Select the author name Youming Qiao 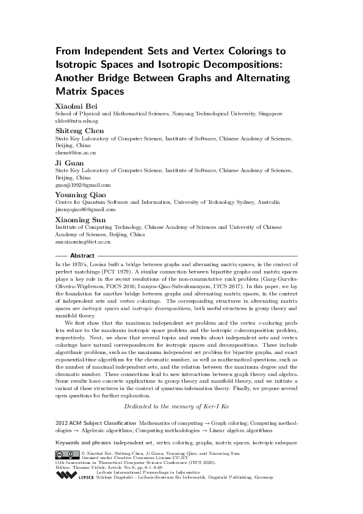(80, 194)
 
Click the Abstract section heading (82, 255)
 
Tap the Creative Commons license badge (66, 454)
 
